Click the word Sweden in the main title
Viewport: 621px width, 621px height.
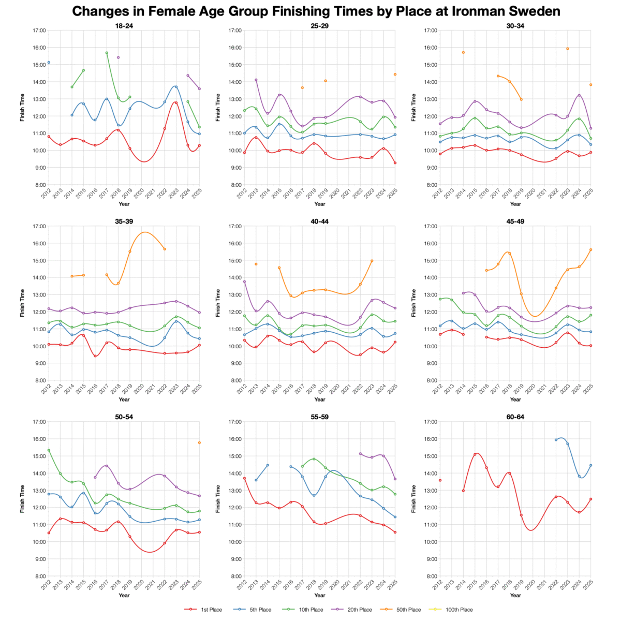point(528,11)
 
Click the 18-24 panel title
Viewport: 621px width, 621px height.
point(124,25)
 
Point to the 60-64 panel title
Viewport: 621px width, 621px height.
point(515,417)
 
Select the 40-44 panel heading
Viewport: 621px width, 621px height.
point(320,221)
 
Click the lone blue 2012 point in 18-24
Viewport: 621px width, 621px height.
point(49,63)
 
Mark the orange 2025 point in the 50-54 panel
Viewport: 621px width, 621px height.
point(199,442)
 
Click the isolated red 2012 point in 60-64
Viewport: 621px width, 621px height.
point(440,480)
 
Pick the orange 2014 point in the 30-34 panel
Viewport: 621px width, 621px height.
point(463,52)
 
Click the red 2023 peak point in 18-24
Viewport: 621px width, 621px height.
point(176,102)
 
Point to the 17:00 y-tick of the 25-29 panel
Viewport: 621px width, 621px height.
point(234,31)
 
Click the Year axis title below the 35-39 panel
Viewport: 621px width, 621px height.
point(124,400)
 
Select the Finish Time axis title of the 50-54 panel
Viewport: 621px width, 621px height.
point(22,498)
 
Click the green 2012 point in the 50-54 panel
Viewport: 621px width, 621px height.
point(49,450)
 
